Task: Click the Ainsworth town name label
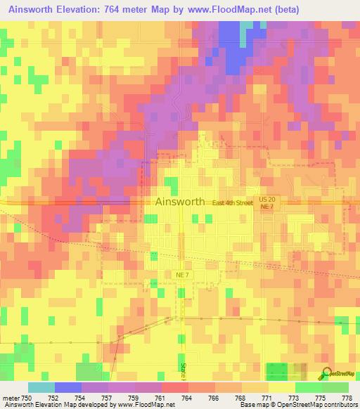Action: click(179, 202)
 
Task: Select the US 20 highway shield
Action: click(273, 200)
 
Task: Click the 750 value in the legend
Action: click(28, 397)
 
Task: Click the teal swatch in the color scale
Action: click(41, 387)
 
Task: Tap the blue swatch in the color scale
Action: click(67, 387)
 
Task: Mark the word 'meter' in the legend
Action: click(10, 397)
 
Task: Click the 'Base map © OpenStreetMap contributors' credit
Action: click(298, 405)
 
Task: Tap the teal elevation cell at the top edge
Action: click(247, 26)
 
